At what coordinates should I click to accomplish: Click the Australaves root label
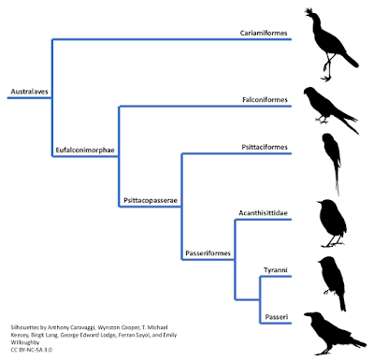click(x=30, y=92)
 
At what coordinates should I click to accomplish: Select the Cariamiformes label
click(x=264, y=33)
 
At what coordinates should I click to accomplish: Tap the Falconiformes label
click(x=265, y=100)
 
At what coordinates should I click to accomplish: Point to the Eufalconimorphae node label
click(x=85, y=150)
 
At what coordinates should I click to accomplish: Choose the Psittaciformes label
click(x=265, y=147)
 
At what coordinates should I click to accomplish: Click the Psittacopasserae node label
click(x=151, y=200)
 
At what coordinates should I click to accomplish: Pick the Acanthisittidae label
click(x=263, y=213)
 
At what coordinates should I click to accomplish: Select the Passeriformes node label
click(x=209, y=253)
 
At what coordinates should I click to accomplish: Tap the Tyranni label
click(x=276, y=270)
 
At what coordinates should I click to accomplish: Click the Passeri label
click(x=277, y=317)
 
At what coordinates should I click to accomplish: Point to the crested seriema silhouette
click(x=330, y=44)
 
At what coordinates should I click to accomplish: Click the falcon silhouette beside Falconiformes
click(x=330, y=109)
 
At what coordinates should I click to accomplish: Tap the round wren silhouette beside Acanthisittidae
click(x=332, y=223)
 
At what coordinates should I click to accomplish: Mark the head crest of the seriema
click(x=309, y=11)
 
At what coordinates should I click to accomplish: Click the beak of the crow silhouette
click(x=307, y=314)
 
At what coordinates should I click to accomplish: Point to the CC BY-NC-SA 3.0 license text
click(x=32, y=350)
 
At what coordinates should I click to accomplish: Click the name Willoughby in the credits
click(x=25, y=342)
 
